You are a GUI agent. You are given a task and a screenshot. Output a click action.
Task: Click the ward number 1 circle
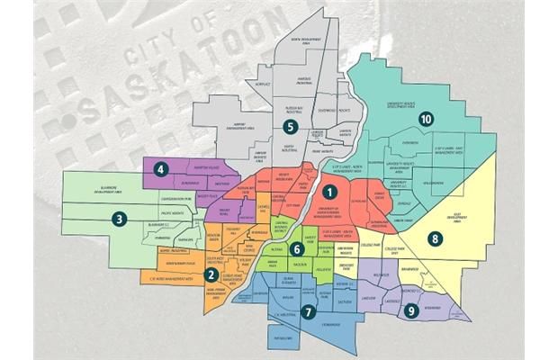click(330, 191)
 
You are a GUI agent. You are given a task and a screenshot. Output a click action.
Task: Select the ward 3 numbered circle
click(119, 217)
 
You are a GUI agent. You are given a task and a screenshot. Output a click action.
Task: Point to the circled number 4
click(161, 168)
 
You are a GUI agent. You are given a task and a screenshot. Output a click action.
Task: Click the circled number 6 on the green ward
click(297, 249)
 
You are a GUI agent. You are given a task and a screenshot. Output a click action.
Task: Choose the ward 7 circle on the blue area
click(309, 312)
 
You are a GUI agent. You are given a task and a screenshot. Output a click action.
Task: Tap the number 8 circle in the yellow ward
click(435, 238)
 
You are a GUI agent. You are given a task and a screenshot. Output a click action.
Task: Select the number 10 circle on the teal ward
click(426, 119)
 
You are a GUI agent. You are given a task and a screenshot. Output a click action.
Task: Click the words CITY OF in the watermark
click(162, 43)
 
